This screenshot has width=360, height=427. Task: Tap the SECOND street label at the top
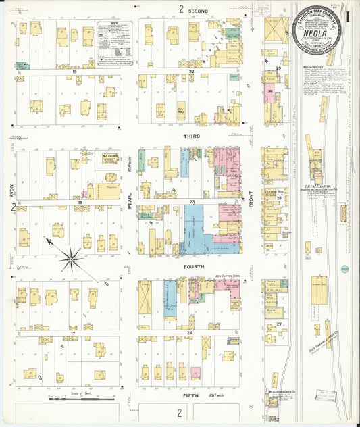tap(192, 9)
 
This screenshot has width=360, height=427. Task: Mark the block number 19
tap(68, 71)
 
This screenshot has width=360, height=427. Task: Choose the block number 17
tap(72, 334)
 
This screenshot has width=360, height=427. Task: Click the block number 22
tap(192, 71)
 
